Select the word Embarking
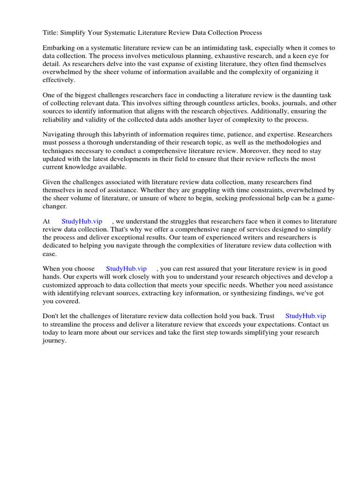click(59, 48)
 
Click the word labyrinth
click(120, 135)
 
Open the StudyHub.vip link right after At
click(82, 222)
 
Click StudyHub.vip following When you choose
click(127, 269)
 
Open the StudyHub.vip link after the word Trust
click(306, 316)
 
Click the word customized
click(62, 285)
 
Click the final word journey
click(54, 340)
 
